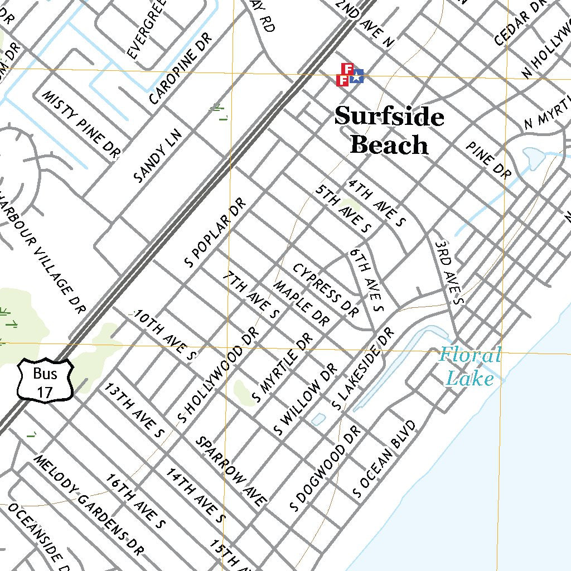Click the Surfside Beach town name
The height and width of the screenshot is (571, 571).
(x=389, y=131)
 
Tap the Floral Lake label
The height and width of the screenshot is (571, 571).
(x=470, y=366)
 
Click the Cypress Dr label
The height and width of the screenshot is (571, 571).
(x=325, y=290)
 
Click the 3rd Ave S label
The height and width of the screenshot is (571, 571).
(x=449, y=272)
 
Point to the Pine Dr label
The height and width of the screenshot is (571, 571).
(x=489, y=159)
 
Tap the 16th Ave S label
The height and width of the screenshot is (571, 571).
(x=136, y=500)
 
